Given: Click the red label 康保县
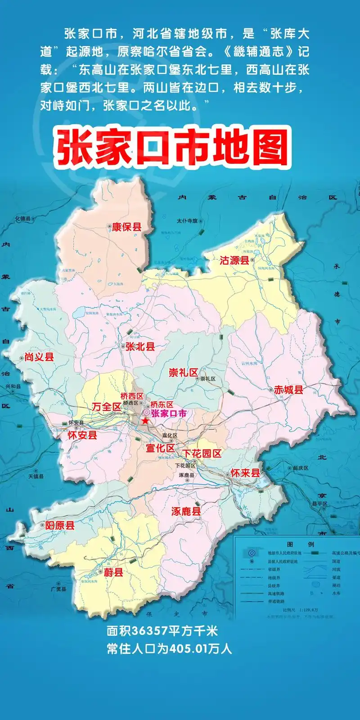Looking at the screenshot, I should coord(126,227).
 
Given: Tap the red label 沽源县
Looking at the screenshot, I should coord(234,260).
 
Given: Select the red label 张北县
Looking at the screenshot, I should coord(140,346).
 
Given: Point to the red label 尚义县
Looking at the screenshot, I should coord(39,357).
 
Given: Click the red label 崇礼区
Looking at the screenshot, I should coord(183,372).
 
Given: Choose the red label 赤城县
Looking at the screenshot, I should coord(288,390).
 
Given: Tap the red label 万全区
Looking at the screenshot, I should coord(107,406).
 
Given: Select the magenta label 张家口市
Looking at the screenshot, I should coord(168,413).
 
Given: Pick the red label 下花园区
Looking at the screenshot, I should coord(202,453).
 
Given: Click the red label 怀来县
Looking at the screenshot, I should coord(245,472).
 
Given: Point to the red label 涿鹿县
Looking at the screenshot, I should coord(186,511).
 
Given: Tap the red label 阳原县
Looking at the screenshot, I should coord(60,525).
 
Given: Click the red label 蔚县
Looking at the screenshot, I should coord(113,572).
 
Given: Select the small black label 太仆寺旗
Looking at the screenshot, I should coord(187,221).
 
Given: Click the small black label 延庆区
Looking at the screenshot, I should coord(301,468).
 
